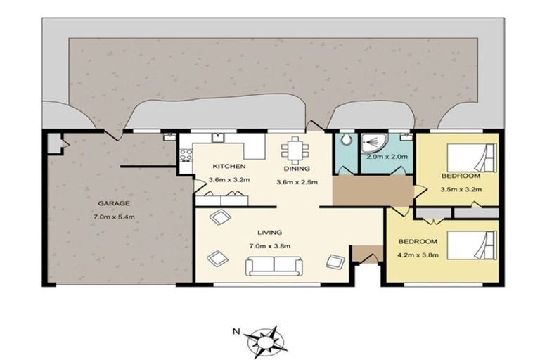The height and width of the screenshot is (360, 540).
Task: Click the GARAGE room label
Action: click(x=114, y=203)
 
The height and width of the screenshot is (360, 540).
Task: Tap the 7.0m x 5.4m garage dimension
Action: click(x=114, y=217)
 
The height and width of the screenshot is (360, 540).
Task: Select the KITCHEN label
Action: click(x=229, y=167)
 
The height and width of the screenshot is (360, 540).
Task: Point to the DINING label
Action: click(x=297, y=169)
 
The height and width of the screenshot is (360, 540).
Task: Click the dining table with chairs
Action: click(x=295, y=150)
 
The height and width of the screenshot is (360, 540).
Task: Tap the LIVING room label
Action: click(x=270, y=233)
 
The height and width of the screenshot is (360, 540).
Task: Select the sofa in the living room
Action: click(x=274, y=266)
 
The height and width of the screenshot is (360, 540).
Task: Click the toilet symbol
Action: click(x=345, y=139)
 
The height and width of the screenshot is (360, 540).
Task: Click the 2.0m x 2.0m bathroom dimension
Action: click(x=387, y=156)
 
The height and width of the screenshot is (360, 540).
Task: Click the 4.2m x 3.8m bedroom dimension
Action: click(x=418, y=255)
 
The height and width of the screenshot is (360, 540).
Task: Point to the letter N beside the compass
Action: click(x=236, y=332)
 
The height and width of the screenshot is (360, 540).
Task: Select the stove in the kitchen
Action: click(x=186, y=155)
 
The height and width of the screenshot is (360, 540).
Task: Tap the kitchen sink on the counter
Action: click(x=218, y=138)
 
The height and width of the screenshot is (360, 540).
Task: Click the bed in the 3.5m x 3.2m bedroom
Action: click(x=472, y=157)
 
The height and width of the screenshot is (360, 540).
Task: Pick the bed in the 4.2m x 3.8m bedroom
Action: click(x=472, y=245)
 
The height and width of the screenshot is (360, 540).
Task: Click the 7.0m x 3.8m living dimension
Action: click(x=270, y=246)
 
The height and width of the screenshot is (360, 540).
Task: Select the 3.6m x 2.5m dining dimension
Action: click(x=297, y=182)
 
